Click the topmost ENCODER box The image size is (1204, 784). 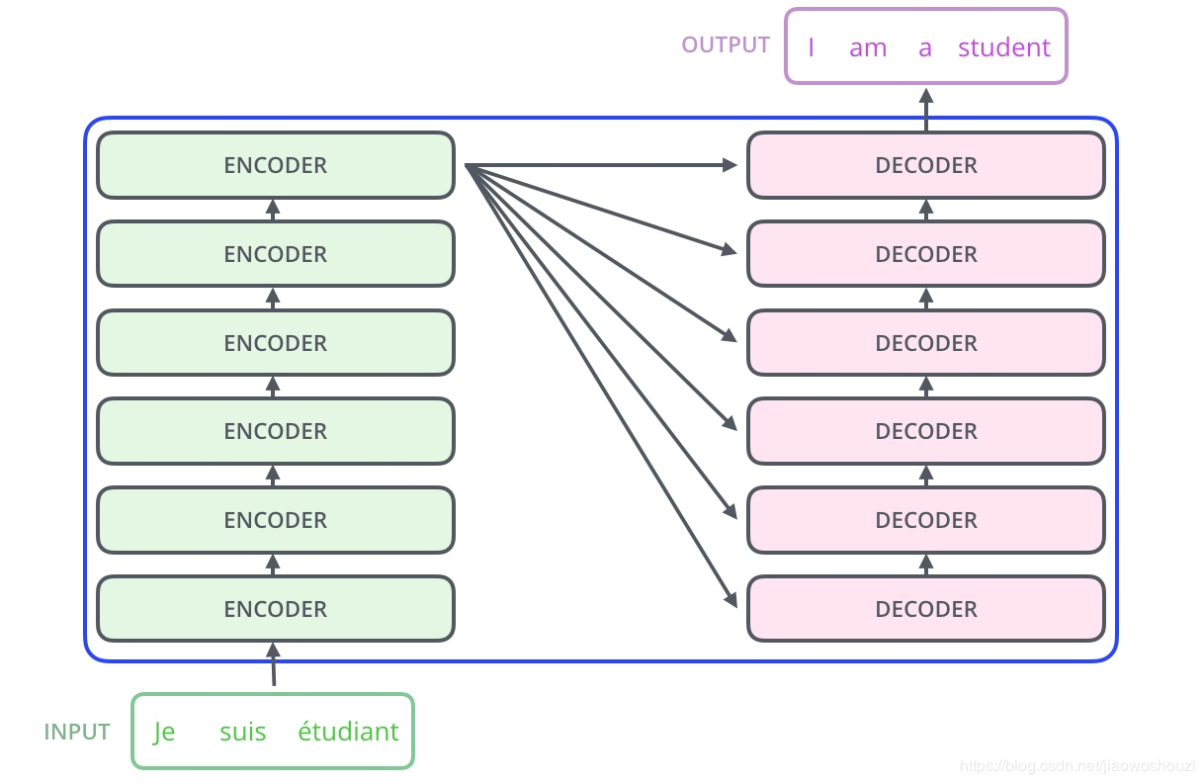275,165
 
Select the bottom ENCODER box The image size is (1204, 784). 275,609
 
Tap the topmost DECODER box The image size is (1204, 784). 925,165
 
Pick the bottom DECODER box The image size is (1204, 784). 925,609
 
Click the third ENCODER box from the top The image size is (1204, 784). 275,343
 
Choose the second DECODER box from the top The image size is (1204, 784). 925,254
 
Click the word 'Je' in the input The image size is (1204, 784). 164,733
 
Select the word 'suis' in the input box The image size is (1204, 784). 242,733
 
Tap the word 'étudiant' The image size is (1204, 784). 348,732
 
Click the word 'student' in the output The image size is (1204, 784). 1003,47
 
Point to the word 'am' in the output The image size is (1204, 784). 867,48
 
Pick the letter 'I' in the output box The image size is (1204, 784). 811,47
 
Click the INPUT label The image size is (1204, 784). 77,733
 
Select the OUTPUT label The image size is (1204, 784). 726,45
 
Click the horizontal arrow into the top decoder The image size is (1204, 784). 603,165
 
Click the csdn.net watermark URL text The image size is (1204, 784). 1076,766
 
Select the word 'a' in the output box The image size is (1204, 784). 924,48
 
